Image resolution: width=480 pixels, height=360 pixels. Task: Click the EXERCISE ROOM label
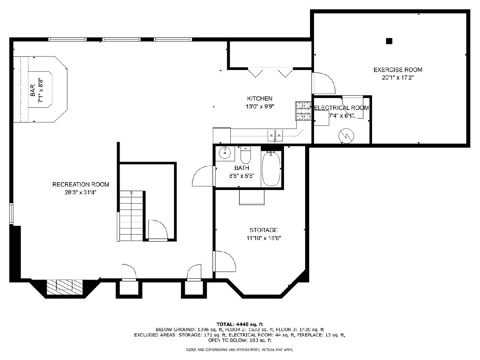point(398,70)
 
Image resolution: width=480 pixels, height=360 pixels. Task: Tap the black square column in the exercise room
point(389,41)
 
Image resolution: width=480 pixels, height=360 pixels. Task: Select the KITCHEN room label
point(260,98)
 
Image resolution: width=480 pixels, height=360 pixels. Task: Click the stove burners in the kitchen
point(303,111)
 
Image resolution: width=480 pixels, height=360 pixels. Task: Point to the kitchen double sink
point(275,136)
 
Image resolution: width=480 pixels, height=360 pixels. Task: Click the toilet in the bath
point(245,155)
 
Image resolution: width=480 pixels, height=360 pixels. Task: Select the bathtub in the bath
point(271,168)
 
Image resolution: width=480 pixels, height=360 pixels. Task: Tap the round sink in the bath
point(225,152)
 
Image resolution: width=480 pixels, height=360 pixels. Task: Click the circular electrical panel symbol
point(346,136)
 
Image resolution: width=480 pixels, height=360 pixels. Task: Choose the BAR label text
point(32,90)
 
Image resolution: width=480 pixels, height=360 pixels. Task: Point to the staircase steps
point(131,216)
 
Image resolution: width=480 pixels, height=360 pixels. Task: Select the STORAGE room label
point(264,230)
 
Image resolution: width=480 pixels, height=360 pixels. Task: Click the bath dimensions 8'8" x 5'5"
point(242,176)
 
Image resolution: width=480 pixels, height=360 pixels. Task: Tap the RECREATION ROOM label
point(81,184)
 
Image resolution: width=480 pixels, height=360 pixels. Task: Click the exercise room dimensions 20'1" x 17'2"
point(398,78)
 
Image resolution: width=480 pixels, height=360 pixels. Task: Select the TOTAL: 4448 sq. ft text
point(240,324)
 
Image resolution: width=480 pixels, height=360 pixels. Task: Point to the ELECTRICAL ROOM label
point(341,108)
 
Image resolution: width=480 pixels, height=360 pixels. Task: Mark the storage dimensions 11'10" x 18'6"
point(264,238)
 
